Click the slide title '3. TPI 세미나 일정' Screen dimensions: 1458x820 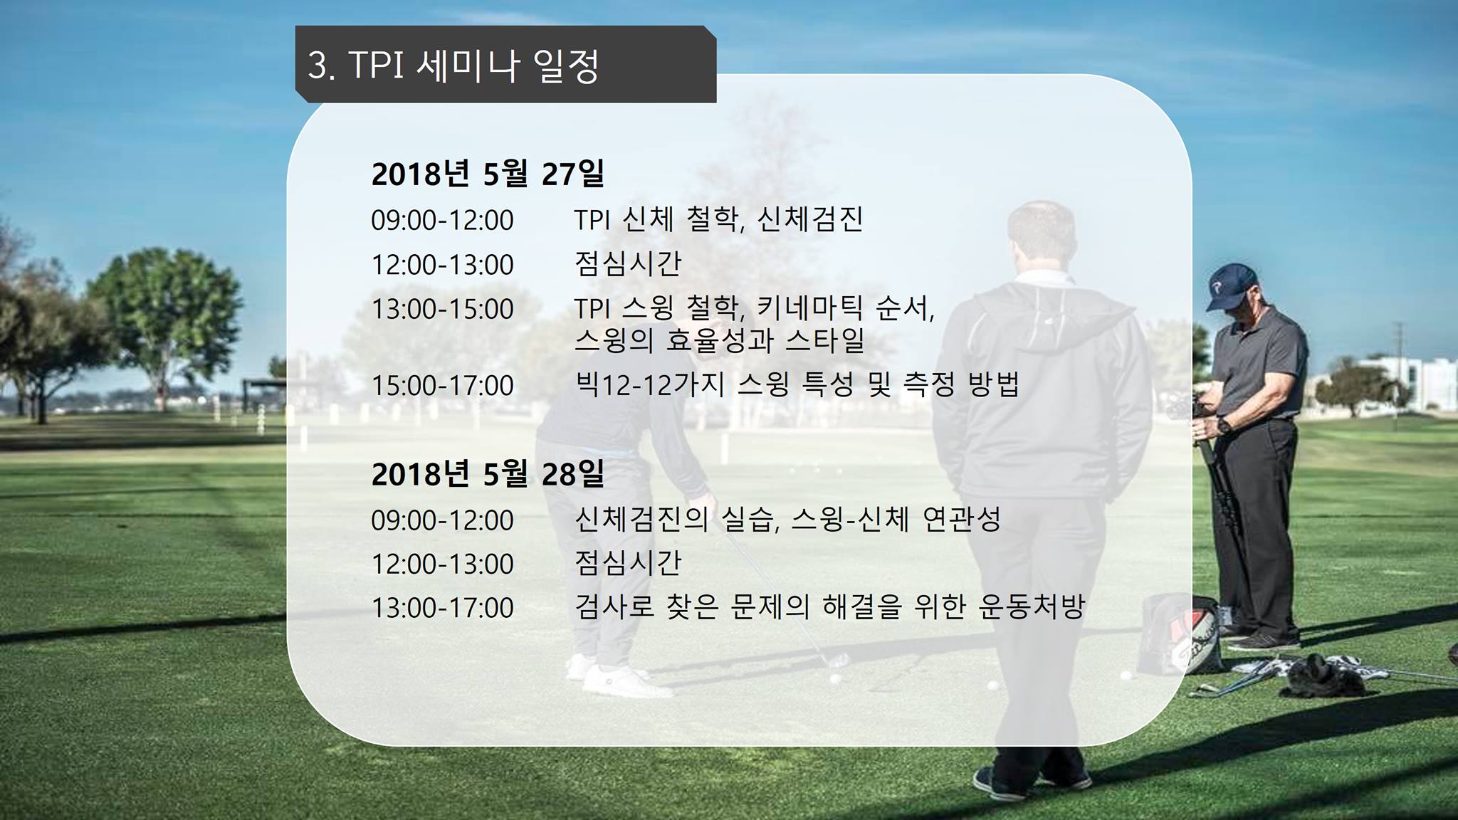(x=453, y=66)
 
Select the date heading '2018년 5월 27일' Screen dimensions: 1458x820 (x=488, y=173)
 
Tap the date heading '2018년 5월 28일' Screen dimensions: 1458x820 (x=488, y=473)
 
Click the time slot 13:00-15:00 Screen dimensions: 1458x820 (x=442, y=309)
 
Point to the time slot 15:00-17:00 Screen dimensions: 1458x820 (x=442, y=385)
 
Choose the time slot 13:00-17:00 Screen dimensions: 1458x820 (x=442, y=608)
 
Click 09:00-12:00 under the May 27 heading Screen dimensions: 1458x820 (x=442, y=220)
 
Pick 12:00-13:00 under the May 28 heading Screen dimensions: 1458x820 (x=442, y=564)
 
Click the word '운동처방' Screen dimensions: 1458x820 (x=1032, y=607)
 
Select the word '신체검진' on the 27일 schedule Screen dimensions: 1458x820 (x=810, y=219)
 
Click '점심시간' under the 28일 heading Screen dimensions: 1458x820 (x=628, y=563)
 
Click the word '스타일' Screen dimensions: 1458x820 (x=825, y=340)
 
